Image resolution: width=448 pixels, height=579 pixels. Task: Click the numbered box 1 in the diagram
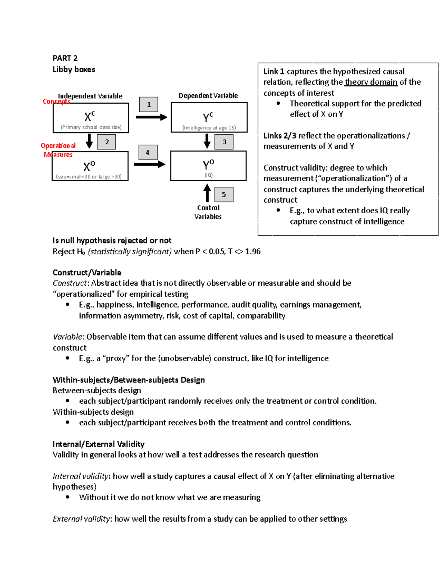[149, 104]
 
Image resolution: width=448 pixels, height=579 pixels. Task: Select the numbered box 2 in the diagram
[107, 142]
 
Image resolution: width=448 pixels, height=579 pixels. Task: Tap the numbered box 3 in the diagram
[224, 142]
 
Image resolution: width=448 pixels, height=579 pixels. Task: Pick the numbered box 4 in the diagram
[148, 152]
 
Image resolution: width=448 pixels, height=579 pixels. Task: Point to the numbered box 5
[224, 194]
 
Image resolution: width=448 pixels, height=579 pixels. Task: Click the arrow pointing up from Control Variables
[207, 193]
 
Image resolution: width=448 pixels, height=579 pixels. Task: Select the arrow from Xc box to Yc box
[151, 117]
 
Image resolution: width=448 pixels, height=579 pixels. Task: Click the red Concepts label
[56, 101]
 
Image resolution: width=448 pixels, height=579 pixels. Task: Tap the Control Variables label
[208, 212]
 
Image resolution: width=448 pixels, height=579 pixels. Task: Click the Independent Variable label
[90, 96]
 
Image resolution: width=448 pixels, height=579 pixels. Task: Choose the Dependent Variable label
[208, 95]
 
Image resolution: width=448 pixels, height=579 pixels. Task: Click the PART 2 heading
[65, 58]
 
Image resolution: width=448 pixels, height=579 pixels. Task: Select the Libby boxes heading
[74, 69]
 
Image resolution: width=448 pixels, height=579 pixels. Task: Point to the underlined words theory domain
[371, 82]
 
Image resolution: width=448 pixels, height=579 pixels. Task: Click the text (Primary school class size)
[91, 127]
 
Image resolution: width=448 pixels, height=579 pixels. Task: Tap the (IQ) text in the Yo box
[208, 175]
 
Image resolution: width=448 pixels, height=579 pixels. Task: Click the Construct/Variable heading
[87, 273]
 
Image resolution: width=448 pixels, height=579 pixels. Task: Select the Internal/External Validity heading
[98, 444]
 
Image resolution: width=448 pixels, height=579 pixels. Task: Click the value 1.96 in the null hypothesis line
[253, 252]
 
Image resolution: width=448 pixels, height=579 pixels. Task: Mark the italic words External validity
[81, 519]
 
